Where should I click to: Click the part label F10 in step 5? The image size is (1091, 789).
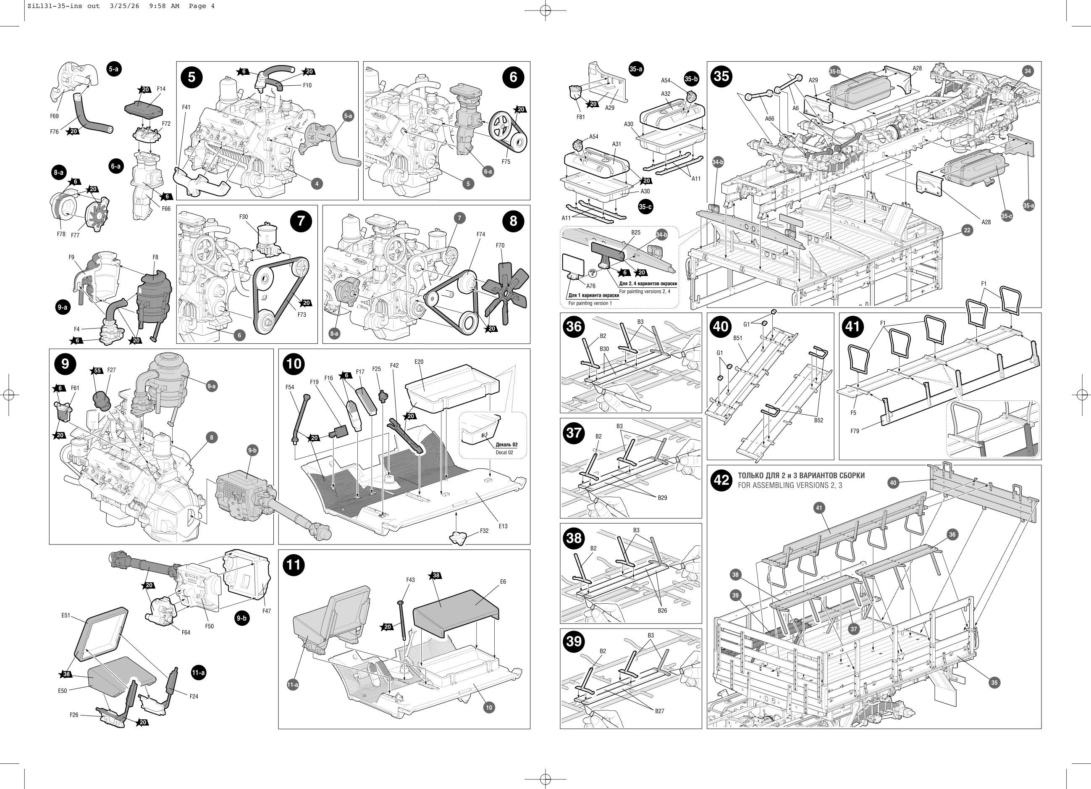click(307, 85)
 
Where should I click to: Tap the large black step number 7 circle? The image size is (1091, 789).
click(301, 221)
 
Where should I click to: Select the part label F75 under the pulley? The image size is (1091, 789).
click(506, 162)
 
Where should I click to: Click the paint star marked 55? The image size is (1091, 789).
click(97, 370)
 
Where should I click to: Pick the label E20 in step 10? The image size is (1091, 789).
click(419, 362)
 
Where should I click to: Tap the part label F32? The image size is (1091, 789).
click(484, 531)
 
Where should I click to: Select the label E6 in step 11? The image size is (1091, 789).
click(503, 581)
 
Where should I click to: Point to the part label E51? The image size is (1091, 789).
click(66, 615)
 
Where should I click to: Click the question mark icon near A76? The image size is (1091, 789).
click(592, 274)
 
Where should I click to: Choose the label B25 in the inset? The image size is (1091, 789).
click(636, 232)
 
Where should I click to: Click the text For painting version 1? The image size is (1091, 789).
click(590, 303)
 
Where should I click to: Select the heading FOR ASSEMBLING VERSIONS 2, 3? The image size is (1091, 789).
click(790, 485)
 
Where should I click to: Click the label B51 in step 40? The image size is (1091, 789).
click(738, 338)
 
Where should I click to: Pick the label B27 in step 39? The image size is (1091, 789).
click(659, 711)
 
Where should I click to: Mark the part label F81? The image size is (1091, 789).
click(581, 116)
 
